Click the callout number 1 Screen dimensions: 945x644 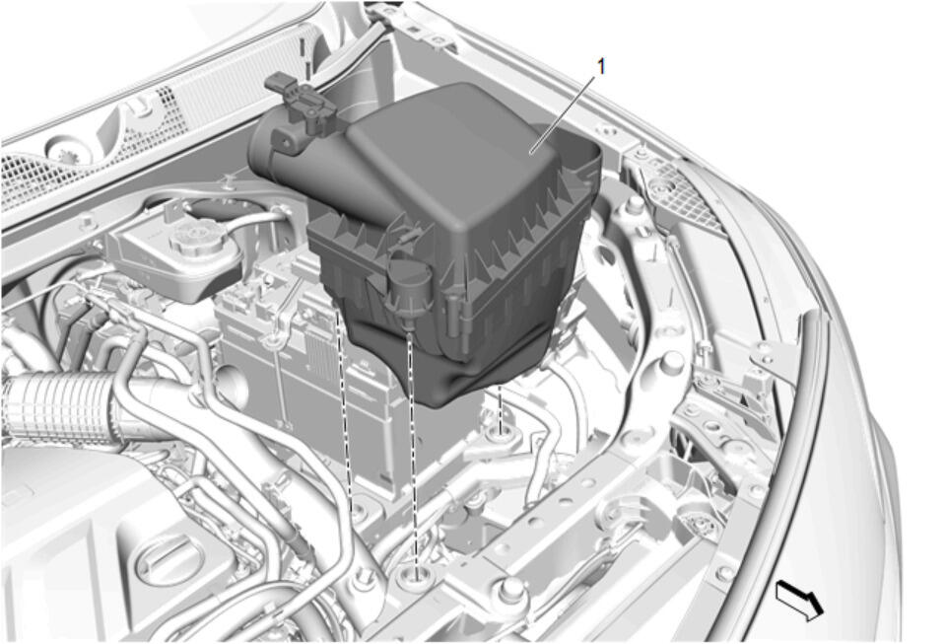[x=600, y=66]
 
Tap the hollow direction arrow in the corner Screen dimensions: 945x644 [x=798, y=600]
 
